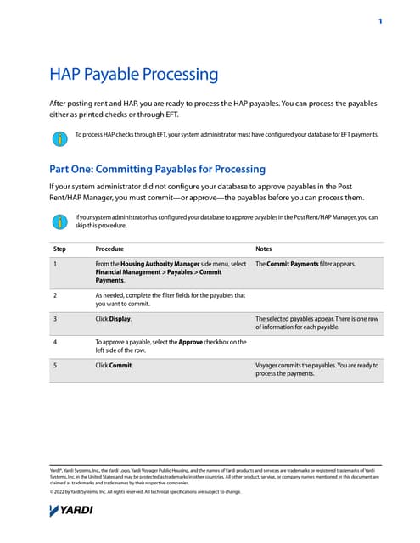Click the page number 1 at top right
[x=379, y=20]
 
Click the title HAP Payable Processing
[x=133, y=75]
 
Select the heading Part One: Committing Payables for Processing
[x=158, y=169]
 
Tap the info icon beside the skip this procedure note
[x=59, y=221]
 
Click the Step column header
[x=59, y=249]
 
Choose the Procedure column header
[x=109, y=249]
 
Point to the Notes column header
[x=264, y=249]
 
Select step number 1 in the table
[x=54, y=264]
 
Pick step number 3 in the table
[x=54, y=319]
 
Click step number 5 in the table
[x=54, y=365]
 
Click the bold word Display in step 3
[x=120, y=319]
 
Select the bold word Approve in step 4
[x=191, y=341]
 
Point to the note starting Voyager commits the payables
[x=316, y=369]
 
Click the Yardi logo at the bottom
[x=72, y=510]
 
